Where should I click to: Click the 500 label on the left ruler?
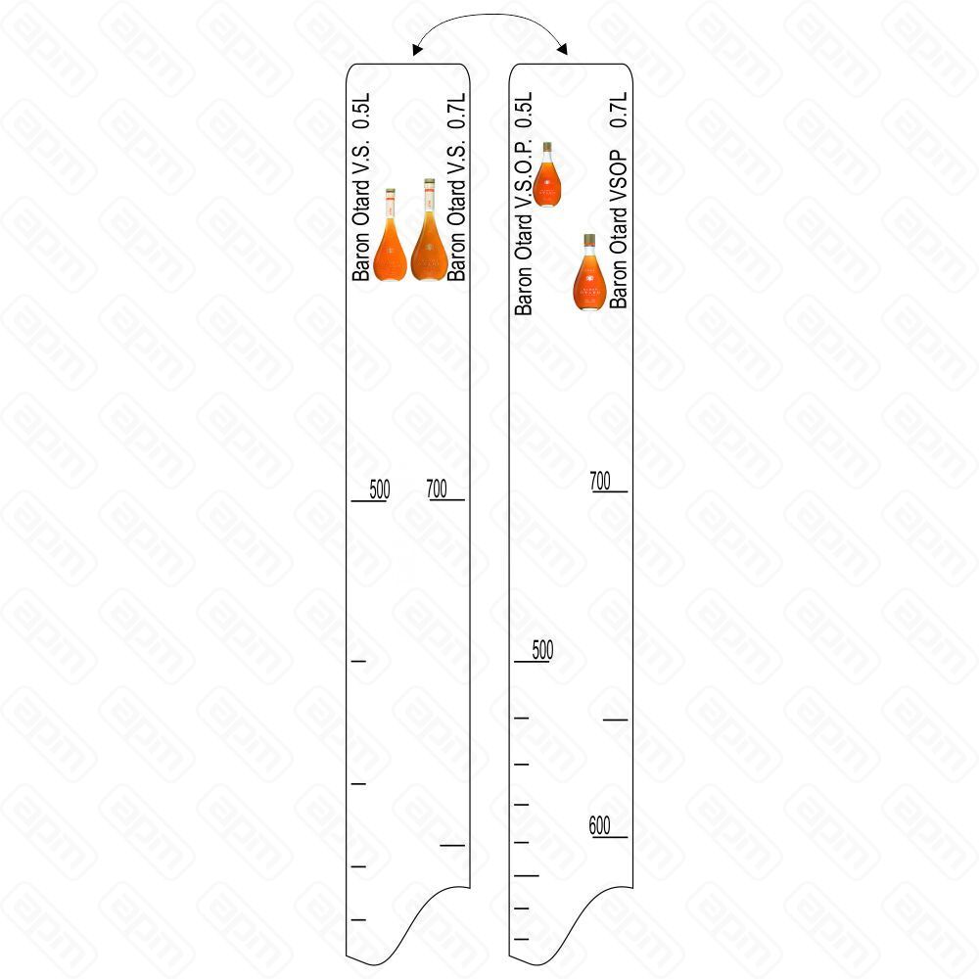coord(380,489)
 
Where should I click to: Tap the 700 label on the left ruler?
coord(437,489)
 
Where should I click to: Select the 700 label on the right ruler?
coord(600,481)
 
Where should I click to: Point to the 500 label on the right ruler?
coord(542,649)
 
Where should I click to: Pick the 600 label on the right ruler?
coord(599,825)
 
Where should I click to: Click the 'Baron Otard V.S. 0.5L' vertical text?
coord(361,187)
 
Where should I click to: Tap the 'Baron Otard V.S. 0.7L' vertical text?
coord(456,187)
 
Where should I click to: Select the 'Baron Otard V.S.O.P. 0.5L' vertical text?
coord(523,204)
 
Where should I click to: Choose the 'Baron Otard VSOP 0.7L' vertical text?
coord(618,201)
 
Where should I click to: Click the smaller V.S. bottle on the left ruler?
coord(390,235)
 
